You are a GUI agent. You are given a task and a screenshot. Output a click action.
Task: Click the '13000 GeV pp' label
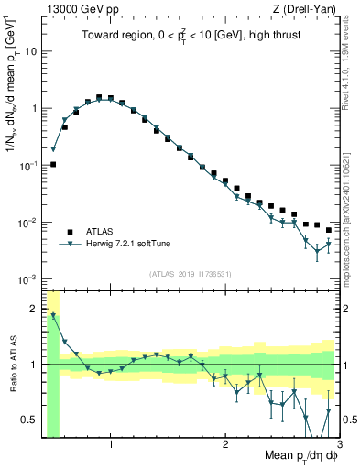pyautogui.click(x=76, y=9)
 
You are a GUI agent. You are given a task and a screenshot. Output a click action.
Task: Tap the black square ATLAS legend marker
pyautogui.click(x=69, y=231)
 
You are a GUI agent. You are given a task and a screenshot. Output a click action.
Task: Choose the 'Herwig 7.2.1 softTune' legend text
pyautogui.click(x=128, y=244)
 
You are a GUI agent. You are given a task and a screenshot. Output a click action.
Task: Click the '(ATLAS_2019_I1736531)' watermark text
pyautogui.click(x=191, y=273)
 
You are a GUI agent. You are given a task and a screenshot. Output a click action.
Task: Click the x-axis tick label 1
pyautogui.click(x=111, y=445)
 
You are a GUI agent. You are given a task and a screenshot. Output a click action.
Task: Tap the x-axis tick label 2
pyautogui.click(x=225, y=445)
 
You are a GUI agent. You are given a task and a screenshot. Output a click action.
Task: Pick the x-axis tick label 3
pyautogui.click(x=338, y=445)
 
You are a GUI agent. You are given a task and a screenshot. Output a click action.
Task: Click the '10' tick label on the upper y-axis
pyautogui.click(x=31, y=51)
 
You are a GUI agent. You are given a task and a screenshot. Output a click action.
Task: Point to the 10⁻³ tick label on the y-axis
pyautogui.click(x=29, y=279)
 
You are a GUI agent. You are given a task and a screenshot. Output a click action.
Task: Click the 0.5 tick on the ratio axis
pyautogui.click(x=29, y=420)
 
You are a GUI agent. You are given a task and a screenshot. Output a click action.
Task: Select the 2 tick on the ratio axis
pyautogui.click(x=34, y=309)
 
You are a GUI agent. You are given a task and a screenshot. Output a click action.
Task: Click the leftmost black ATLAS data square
pyautogui.click(x=53, y=165)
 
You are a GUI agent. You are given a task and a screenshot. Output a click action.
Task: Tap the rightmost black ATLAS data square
pyautogui.click(x=329, y=230)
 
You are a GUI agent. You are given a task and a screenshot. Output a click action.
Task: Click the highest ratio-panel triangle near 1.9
pyautogui.click(x=53, y=315)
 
